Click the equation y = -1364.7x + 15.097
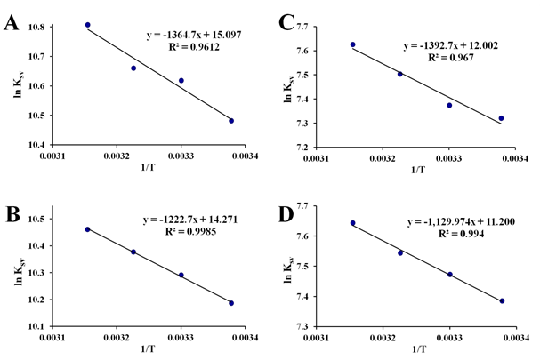[194, 35]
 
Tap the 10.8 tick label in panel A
[40, 28]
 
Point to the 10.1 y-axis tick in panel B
[40, 327]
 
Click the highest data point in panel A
[87, 25]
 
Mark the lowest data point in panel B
[231, 303]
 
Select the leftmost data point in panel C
[352, 44]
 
